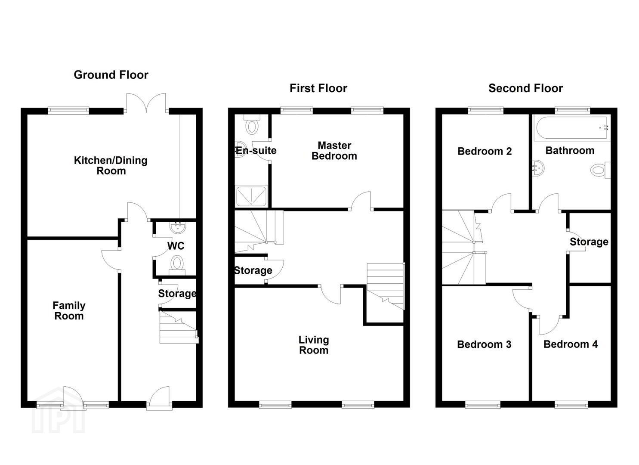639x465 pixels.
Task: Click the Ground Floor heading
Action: click(x=111, y=75)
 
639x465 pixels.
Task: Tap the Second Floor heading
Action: click(x=525, y=88)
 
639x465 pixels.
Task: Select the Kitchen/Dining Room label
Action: click(x=111, y=166)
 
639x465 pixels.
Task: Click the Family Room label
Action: click(x=69, y=311)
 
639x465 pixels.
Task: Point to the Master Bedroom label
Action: click(x=334, y=151)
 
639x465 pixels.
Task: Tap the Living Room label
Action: click(x=314, y=345)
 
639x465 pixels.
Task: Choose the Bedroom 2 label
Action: click(x=485, y=151)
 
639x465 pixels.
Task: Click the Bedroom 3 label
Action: click(x=484, y=344)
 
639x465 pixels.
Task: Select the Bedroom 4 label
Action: click(x=571, y=344)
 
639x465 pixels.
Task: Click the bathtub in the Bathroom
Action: click(x=572, y=128)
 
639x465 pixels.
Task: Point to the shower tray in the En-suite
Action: click(x=251, y=196)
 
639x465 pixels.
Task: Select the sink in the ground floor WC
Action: click(x=178, y=228)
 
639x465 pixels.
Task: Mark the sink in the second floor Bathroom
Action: click(x=538, y=168)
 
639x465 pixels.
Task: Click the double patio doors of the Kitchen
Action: click(x=146, y=103)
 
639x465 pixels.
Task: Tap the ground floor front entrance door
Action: click(x=159, y=398)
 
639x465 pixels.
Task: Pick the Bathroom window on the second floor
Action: click(x=572, y=110)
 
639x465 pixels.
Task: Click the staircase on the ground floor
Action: click(x=179, y=327)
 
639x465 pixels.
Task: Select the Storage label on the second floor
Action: click(x=589, y=242)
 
